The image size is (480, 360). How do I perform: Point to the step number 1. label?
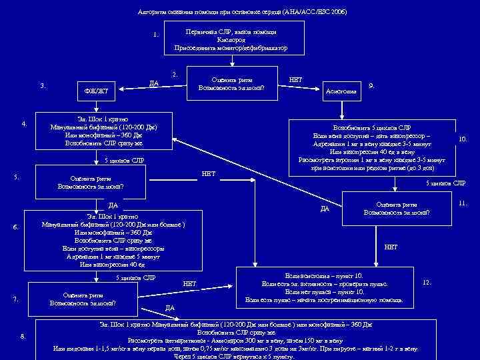coord(155,35)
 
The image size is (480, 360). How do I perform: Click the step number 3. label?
coord(43,85)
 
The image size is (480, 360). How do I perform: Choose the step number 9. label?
coord(371,85)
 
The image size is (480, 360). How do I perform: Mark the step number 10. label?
coord(463,139)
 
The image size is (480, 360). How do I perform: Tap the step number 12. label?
coord(427,283)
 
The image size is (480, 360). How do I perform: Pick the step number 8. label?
coord(23,335)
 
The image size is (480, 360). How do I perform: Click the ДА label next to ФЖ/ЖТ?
coord(154,83)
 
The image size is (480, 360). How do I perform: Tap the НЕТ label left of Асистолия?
coord(295,80)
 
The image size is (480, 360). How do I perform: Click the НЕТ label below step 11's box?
coord(391,247)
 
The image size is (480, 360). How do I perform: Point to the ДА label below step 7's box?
coord(170,308)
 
